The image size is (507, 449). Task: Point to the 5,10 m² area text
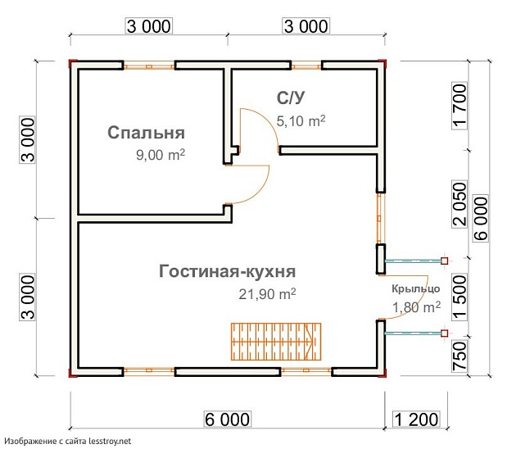pos(301,121)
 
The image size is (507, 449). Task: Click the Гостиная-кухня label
pos(227,272)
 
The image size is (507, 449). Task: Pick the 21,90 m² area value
pos(265,293)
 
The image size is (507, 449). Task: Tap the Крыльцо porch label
pos(415,288)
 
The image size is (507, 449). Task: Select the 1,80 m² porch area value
pos(416,307)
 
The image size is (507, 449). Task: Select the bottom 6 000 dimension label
pos(227,420)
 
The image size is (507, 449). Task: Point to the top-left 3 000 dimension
pos(148,26)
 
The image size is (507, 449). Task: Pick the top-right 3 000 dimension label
pos(306,26)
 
